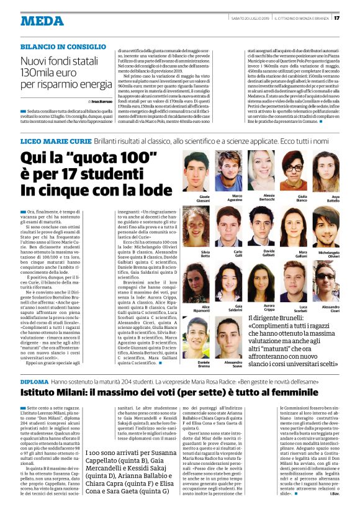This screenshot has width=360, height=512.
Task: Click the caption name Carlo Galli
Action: [238, 254]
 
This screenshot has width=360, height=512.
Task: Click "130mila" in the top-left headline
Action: [43, 73]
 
